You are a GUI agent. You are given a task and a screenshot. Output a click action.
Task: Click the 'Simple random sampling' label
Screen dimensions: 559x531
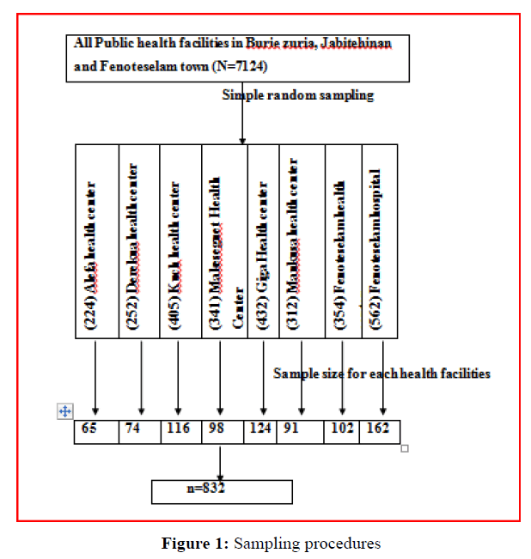coord(297,95)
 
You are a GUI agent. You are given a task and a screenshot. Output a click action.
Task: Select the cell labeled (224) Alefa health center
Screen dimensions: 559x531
coord(96,241)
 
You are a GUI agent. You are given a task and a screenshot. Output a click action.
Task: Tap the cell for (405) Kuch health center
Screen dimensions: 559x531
coord(180,241)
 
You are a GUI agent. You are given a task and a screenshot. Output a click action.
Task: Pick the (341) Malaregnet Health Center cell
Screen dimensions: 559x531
coord(223,241)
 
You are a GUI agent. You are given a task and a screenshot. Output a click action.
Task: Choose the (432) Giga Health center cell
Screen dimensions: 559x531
coord(263,241)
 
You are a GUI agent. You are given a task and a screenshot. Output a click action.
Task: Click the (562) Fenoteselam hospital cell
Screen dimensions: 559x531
coord(380,241)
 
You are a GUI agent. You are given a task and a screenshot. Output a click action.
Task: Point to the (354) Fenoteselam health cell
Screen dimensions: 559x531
coord(344,241)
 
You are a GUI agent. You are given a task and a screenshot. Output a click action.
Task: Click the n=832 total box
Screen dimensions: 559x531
coord(222,490)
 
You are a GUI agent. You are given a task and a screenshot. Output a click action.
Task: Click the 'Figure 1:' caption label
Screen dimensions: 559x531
coord(193,543)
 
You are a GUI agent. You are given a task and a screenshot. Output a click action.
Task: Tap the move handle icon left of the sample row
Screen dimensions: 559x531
coord(64,412)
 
